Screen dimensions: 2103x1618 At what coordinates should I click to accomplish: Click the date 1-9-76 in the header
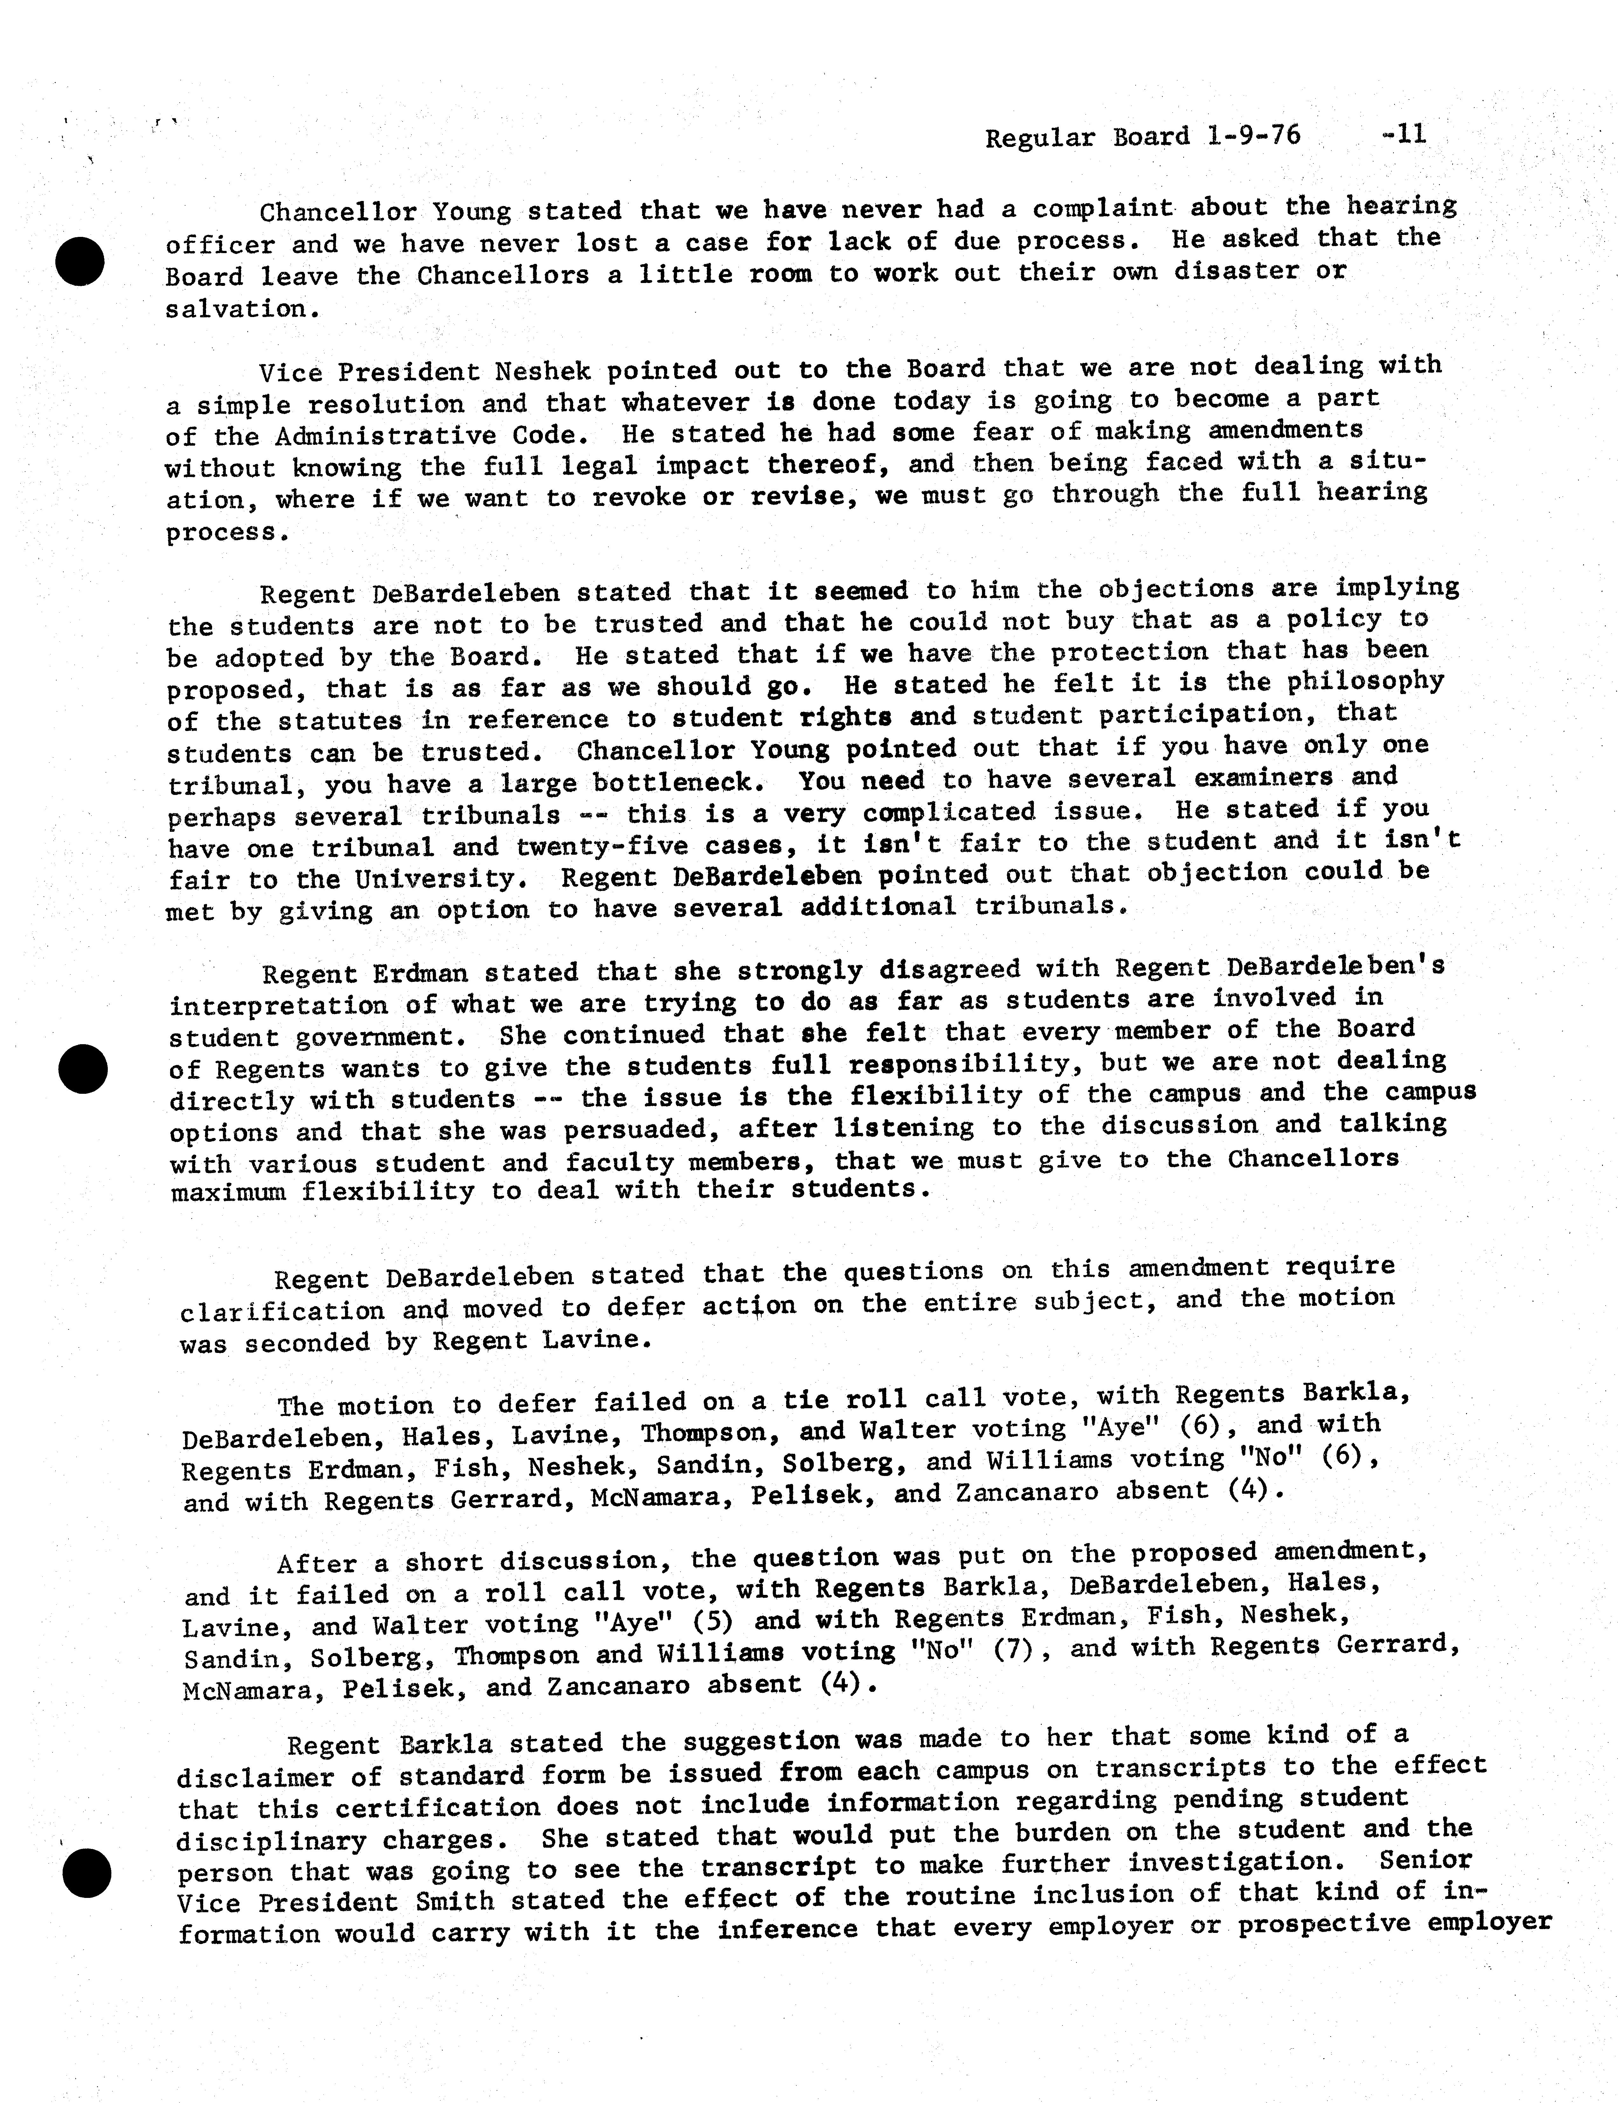click(1252, 136)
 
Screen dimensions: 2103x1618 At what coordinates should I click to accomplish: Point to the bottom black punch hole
click(87, 1873)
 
